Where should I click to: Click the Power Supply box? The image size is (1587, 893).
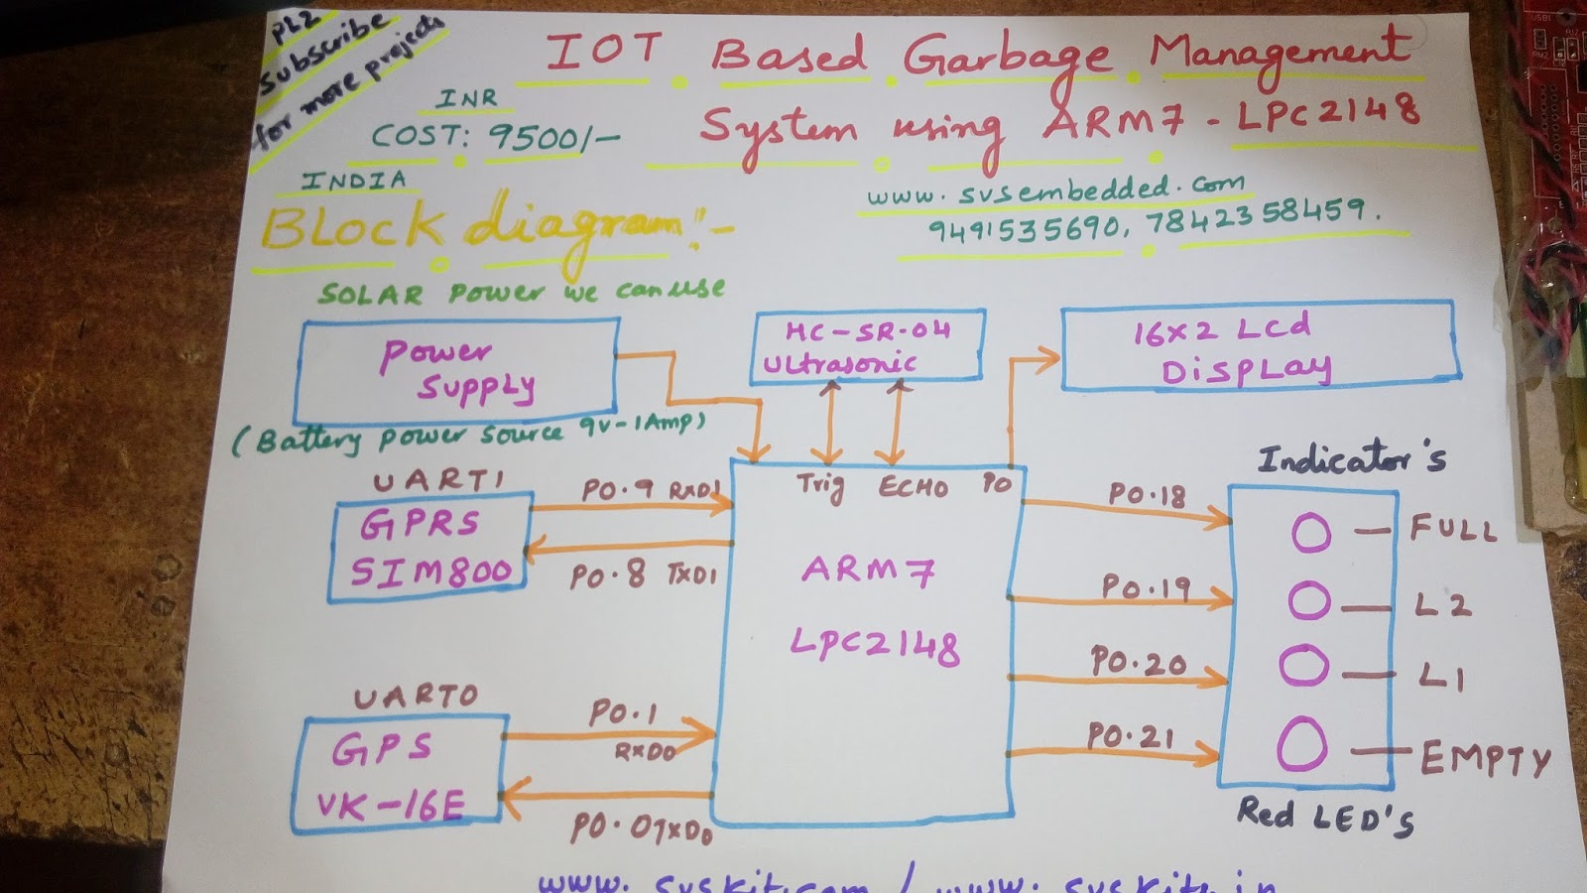coord(456,370)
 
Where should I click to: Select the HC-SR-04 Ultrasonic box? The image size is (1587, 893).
coord(868,345)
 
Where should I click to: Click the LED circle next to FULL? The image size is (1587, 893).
coord(1311,533)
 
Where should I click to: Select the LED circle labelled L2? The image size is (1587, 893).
coord(1309,600)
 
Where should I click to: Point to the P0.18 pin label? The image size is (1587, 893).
coord(1147,495)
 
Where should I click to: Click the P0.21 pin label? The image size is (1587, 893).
coord(1131,736)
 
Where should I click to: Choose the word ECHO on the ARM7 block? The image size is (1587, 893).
coord(913,487)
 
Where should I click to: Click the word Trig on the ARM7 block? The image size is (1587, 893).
coord(820,486)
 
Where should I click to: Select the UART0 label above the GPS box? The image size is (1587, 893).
coord(416,697)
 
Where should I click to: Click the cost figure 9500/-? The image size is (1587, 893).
coord(551,137)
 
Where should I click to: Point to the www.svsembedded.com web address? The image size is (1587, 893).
coord(1055,190)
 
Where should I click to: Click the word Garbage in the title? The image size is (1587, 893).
coord(1008,58)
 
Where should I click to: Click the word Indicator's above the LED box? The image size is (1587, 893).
coord(1351,458)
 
